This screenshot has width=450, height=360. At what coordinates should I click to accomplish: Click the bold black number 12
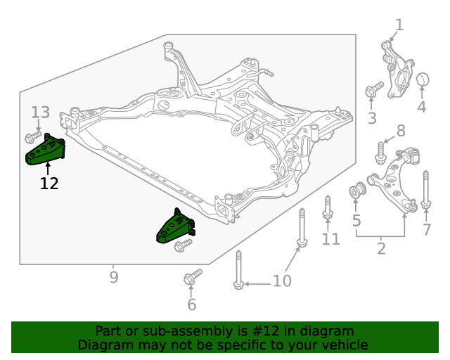pos(49,183)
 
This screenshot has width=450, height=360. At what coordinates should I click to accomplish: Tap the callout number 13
pos(40,112)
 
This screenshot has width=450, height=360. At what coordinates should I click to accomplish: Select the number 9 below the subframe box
pos(114,277)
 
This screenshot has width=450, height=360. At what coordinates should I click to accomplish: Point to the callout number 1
pos(399,25)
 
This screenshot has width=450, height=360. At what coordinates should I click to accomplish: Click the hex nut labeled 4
pos(423,79)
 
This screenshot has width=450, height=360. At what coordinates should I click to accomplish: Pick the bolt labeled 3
pos(375,89)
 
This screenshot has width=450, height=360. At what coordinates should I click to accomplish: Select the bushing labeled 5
pos(358,190)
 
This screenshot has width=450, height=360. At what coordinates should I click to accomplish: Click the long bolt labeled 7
pos(426,189)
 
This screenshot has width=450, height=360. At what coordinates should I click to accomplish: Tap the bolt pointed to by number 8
pos(380,153)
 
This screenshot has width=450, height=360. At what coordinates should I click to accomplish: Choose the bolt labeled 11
pos(328,208)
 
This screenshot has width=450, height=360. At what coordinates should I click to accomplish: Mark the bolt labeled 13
pos(33,137)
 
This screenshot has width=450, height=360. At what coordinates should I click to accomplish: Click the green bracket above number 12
pos(45,150)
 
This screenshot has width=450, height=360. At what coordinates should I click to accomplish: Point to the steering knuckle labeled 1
pos(397,70)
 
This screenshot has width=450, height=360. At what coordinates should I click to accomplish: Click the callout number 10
pos(282,281)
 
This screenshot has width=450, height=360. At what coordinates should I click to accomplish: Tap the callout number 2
pos(381,248)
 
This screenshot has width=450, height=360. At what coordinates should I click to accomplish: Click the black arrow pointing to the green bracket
pos(48,169)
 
